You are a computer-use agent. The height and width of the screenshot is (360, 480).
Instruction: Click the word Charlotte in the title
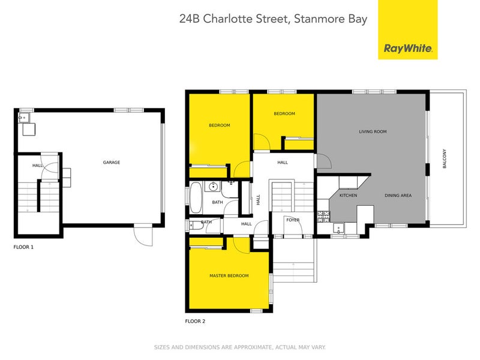point(229,18)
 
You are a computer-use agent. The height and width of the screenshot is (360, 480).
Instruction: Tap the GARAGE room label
point(112,163)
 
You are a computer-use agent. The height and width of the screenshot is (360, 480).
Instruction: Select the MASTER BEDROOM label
point(229,275)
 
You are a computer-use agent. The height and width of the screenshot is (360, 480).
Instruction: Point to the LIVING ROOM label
point(373,131)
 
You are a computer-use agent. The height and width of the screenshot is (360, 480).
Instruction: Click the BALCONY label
point(445,158)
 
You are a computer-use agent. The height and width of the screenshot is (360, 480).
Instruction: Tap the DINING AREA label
point(398,196)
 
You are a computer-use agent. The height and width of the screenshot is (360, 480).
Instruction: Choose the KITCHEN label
point(348,196)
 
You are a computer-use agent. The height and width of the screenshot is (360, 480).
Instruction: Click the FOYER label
point(292,220)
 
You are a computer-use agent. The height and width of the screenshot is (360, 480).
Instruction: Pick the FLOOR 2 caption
point(195,322)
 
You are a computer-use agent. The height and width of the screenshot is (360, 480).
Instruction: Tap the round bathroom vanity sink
point(214,187)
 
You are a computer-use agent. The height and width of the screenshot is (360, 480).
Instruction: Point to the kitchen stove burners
point(325,214)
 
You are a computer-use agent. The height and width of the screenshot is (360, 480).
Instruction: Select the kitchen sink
point(338,228)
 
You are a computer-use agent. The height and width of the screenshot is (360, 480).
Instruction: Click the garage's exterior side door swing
point(143,236)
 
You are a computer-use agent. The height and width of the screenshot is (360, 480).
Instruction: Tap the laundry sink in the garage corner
point(27,128)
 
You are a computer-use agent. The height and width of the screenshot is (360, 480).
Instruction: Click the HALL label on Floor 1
point(37,166)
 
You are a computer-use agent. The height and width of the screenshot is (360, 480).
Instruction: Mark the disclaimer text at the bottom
point(240,347)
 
